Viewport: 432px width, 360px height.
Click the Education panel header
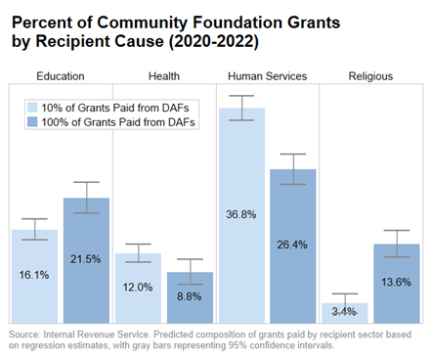click(60, 75)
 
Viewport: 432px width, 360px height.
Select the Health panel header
click(163, 75)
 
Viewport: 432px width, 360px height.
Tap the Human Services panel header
click(267, 75)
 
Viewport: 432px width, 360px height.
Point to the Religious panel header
click(370, 75)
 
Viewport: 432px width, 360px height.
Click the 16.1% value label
click(34, 275)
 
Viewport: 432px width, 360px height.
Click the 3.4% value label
click(345, 312)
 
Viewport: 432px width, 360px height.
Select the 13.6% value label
click(397, 282)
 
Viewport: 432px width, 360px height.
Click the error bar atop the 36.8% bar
click(241, 108)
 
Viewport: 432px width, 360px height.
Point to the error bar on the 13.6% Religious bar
click(397, 244)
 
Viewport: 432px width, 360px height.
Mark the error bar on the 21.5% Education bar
click(86, 198)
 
